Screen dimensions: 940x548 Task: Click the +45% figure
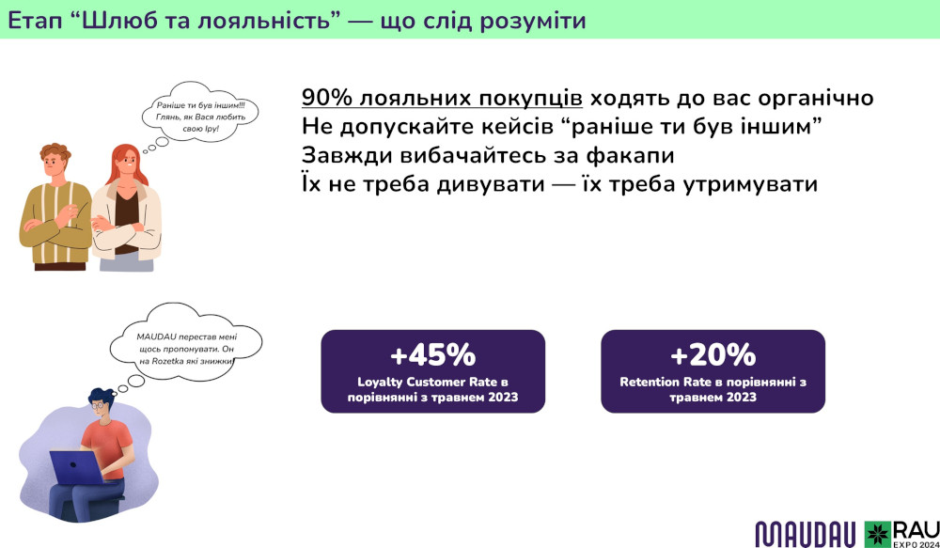[x=432, y=355]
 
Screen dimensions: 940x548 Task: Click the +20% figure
[x=713, y=355]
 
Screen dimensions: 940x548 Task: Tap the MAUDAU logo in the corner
[x=807, y=534]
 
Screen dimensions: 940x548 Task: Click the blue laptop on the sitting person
[x=76, y=467]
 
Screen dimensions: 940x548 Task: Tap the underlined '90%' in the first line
[x=327, y=99]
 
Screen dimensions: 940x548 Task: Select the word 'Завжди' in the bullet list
[x=337, y=156]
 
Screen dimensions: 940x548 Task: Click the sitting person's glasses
[x=97, y=406]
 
